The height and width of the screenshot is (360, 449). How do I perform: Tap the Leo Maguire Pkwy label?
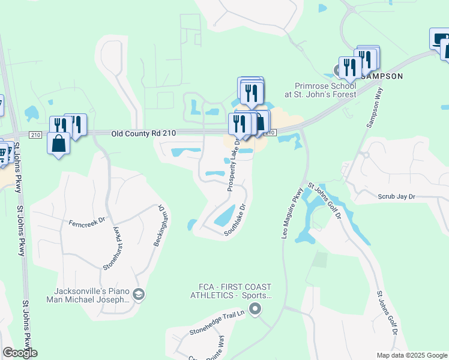pyautogui.click(x=291, y=214)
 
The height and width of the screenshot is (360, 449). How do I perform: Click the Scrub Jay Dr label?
pyautogui.click(x=396, y=196)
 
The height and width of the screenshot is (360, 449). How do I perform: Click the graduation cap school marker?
pyautogui.click(x=139, y=293)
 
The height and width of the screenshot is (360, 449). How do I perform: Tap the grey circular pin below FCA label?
pyautogui.click(x=255, y=310)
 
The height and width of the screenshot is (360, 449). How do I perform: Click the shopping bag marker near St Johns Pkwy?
pyautogui.click(x=58, y=144)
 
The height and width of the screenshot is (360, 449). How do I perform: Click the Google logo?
pyautogui.click(x=20, y=353)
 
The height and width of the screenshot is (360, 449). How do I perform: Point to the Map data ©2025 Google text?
pyautogui.click(x=411, y=355)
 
